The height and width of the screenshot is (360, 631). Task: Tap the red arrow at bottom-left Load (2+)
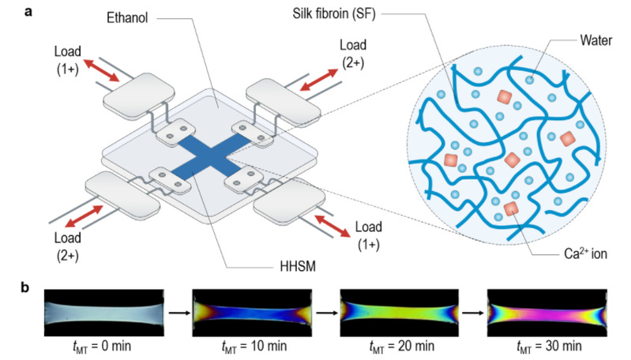(82, 215)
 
